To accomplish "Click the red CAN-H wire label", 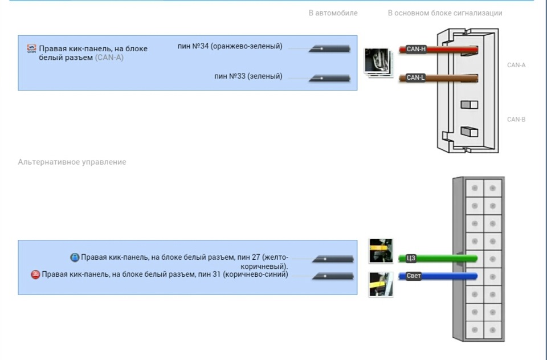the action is click(416, 49).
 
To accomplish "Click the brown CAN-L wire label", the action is click(415, 77).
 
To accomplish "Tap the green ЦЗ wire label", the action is click(411, 258).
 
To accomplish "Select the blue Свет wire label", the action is click(414, 276).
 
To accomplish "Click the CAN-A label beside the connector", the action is click(516, 65).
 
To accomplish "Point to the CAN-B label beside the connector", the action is click(516, 119).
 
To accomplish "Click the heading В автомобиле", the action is click(333, 13).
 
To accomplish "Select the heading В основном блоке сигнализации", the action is click(445, 13).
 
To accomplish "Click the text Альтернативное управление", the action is click(72, 162).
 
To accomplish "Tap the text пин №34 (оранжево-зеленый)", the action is click(230, 46).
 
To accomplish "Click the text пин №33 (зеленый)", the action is click(248, 76).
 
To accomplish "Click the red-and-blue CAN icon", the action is click(31, 48).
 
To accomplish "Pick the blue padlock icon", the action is click(75, 257).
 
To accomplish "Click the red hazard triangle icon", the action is click(35, 275).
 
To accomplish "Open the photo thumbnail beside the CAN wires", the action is click(378, 63).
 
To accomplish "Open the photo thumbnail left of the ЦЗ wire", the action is click(381, 251).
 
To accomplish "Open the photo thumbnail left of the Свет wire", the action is click(381, 284).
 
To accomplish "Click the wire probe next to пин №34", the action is click(329, 49).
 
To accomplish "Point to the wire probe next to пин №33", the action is click(329, 79).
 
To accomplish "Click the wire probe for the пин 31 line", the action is click(333, 276).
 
